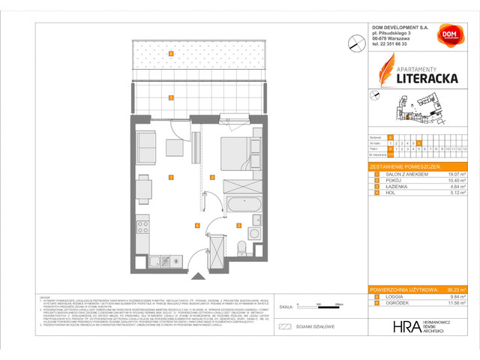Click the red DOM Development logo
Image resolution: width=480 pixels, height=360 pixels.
448,34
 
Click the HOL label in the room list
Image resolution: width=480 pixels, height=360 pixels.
391,193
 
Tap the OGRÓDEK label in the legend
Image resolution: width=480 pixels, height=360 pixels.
396,302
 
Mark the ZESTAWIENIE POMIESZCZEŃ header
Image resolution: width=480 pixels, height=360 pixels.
406,166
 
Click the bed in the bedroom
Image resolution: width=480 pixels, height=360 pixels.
238,151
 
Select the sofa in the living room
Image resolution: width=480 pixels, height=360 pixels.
145,144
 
